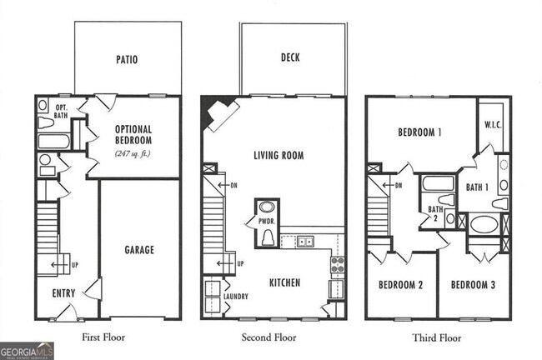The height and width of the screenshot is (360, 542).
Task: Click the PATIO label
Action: pos(127,60)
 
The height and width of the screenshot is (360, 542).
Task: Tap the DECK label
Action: pos(290,57)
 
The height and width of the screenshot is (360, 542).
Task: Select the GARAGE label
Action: pos(139,249)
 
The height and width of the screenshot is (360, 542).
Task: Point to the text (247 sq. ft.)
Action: pos(136,152)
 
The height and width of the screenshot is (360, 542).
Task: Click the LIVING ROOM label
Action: pos(279,155)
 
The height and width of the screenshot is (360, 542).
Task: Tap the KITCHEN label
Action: pos(284,282)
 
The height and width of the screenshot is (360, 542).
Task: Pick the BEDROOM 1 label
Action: pos(419,132)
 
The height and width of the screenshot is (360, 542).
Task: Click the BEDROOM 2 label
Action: pos(401,285)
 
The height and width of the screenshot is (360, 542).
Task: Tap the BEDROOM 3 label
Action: pos(473,285)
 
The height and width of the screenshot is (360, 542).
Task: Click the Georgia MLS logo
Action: pos(27,351)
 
